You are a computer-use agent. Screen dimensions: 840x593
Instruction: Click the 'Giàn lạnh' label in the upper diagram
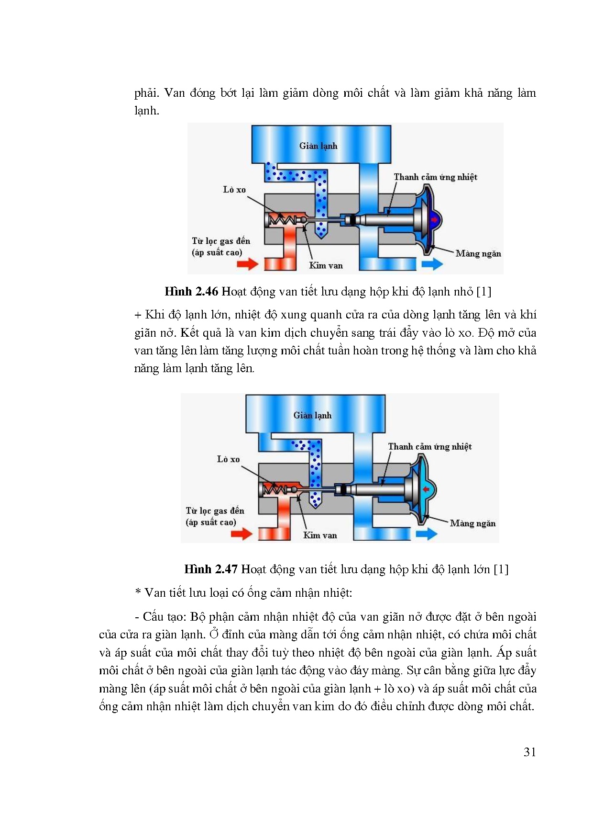(x=318, y=146)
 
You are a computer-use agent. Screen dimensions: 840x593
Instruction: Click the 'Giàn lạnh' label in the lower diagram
(x=312, y=415)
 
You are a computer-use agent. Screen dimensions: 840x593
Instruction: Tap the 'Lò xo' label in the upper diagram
(x=234, y=190)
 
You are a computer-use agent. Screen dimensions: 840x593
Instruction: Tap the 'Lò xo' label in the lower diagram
(x=228, y=459)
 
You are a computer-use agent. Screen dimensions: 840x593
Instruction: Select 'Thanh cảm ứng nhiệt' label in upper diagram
(x=435, y=177)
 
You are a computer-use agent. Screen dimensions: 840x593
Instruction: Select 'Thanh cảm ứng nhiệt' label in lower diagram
(x=429, y=447)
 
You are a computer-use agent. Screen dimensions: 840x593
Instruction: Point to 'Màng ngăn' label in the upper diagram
(x=478, y=254)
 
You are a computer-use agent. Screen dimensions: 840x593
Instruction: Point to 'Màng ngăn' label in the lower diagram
(x=472, y=523)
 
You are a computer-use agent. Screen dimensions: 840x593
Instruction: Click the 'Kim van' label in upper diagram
(x=326, y=265)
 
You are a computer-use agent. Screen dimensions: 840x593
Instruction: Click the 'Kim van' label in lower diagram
(x=320, y=535)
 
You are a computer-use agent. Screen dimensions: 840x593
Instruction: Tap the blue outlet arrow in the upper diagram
(x=432, y=263)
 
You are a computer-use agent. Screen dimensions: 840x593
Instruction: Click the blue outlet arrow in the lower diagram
(x=427, y=534)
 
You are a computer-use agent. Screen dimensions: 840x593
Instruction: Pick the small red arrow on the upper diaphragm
(x=434, y=220)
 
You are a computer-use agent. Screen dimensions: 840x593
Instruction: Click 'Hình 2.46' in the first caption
(x=191, y=292)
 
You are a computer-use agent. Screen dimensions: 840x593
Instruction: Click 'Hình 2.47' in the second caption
(x=211, y=569)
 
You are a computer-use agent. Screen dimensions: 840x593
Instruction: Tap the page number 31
(x=529, y=752)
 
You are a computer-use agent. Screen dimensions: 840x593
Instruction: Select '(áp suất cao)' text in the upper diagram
(x=217, y=252)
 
